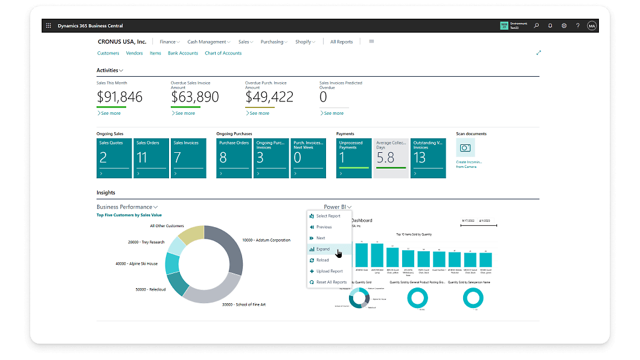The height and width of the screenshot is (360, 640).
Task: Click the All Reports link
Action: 341,42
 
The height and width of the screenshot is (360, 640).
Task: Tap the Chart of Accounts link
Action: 223,53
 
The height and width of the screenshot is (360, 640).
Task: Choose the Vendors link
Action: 134,53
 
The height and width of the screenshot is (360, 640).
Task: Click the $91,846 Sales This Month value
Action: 120,97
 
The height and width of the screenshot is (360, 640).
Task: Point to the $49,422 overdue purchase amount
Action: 269,97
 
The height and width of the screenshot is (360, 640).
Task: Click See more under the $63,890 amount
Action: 185,113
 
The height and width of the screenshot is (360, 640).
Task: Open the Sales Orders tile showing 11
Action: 151,158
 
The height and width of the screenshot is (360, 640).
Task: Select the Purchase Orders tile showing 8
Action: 234,158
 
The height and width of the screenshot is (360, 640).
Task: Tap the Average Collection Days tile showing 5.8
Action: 391,158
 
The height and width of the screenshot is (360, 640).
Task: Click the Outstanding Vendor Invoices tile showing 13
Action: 428,158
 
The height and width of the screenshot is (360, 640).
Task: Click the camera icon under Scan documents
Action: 465,147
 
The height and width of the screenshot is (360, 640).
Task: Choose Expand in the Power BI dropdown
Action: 323,249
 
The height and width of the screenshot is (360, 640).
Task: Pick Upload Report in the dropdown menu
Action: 329,271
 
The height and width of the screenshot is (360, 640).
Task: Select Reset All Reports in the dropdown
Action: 331,282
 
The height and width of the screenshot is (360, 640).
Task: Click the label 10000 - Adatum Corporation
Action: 265,240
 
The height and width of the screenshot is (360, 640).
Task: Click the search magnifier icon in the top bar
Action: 536,26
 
